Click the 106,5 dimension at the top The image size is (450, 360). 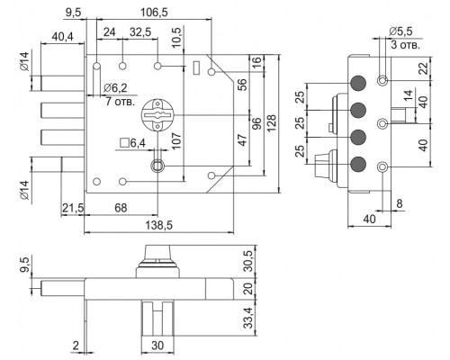click(154, 13)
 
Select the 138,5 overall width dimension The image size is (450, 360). click(159, 225)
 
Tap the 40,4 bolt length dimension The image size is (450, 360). click(62, 37)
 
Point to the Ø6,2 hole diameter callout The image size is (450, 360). click(115, 88)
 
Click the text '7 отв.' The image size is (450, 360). click(121, 102)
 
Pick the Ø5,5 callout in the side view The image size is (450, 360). click(400, 31)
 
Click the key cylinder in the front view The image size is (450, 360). click(157, 115)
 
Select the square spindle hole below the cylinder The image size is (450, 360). click(157, 166)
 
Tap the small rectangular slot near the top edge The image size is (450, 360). click(197, 67)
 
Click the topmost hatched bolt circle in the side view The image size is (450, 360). click(358, 83)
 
